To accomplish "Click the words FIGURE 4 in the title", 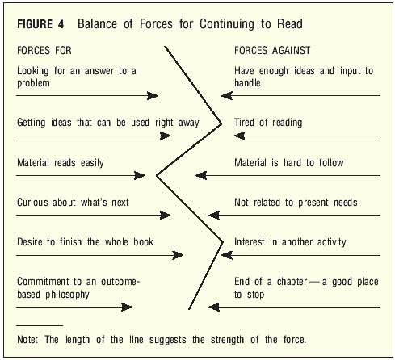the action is click(40, 24).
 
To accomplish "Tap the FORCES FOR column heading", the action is click(44, 51).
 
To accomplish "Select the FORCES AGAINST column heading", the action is click(272, 51).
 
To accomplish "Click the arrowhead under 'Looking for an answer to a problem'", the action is click(153, 95).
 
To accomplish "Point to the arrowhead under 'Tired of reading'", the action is click(240, 136).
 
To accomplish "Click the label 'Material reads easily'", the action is click(61, 163).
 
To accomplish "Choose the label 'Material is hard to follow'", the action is click(289, 163).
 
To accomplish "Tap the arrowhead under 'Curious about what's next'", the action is click(165, 215).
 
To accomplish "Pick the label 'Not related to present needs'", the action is click(296, 203).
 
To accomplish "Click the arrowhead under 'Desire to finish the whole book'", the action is click(178, 255).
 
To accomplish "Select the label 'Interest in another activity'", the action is click(290, 242).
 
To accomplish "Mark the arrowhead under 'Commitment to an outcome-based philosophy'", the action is click(127, 307).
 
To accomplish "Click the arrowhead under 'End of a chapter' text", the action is click(214, 307).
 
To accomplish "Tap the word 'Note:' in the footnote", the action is click(27, 339).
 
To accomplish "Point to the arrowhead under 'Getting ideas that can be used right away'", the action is click(165, 136).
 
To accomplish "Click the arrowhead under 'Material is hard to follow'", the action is click(201, 176).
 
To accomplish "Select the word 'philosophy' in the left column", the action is click(67, 295).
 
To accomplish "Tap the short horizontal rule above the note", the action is click(40, 325).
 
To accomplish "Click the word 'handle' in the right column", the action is click(247, 83).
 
